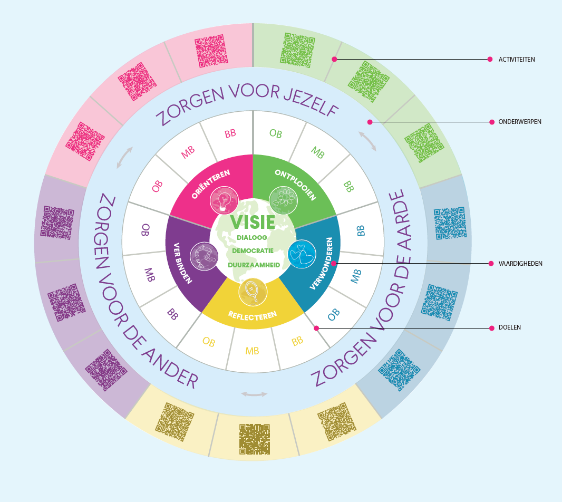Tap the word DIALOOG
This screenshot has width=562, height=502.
coord(252,238)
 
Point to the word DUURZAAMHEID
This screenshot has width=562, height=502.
coord(254,265)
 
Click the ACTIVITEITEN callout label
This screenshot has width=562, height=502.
coord(517,60)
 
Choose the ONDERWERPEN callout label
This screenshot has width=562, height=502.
coord(519,122)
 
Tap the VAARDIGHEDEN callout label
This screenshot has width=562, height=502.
coord(520,263)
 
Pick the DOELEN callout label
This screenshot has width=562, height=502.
coord(509,327)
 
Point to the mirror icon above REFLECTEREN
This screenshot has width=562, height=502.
coord(252,291)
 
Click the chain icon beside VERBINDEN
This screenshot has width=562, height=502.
coord(204,256)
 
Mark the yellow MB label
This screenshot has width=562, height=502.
coord(252,351)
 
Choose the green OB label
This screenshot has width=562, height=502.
coord(275,134)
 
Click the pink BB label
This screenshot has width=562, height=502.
coord(230,134)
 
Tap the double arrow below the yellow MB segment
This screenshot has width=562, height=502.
coord(254,394)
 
